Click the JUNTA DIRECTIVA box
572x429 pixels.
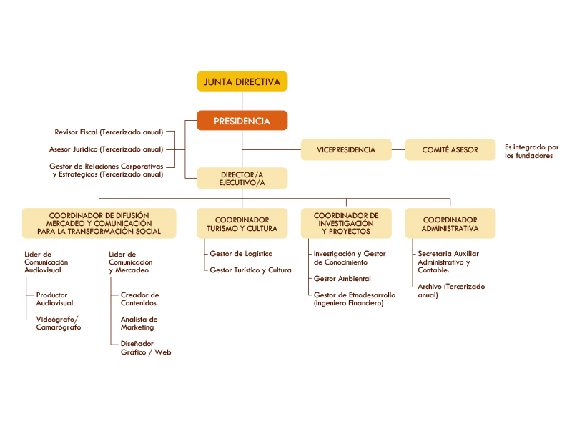242,82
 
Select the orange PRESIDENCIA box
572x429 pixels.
242,121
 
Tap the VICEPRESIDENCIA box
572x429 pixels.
346,149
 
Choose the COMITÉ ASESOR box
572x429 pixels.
450,149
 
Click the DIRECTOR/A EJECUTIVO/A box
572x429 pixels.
242,178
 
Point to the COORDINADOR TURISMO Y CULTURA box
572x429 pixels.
242,224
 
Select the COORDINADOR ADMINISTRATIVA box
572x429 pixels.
450,224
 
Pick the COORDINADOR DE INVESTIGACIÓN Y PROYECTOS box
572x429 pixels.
346,224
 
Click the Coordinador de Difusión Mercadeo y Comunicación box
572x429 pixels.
99,223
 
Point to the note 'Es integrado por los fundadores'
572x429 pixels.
531,151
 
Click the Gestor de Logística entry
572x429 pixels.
241,254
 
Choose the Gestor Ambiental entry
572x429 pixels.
342,278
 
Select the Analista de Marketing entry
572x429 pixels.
139,323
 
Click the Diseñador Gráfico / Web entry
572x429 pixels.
145,348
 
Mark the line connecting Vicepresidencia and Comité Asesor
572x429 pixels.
398,149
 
